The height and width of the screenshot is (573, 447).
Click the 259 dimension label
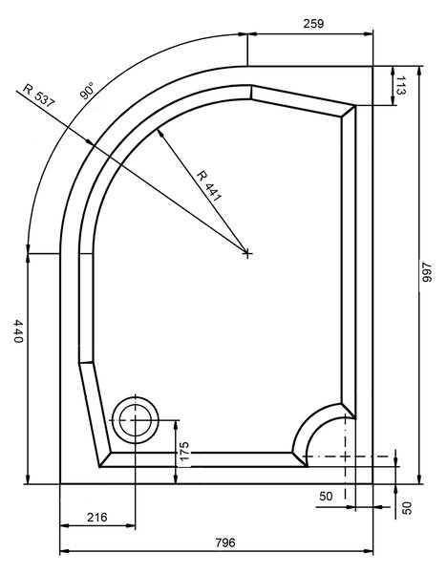313,24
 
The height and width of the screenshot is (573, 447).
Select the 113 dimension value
401,86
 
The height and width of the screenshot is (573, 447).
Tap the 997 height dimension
427,272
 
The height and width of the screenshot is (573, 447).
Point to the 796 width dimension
225,542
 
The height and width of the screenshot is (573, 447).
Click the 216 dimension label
97,517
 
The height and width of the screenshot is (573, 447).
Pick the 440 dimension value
18,331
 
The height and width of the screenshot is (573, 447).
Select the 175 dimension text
184,452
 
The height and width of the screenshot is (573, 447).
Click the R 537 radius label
38,95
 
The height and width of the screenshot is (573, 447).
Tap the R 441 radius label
209,186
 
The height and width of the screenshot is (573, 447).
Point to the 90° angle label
87,91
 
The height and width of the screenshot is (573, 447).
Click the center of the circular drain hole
136,420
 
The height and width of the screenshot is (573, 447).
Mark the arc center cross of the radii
247,252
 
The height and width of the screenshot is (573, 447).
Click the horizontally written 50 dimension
326,497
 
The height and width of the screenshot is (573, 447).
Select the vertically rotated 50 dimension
407,508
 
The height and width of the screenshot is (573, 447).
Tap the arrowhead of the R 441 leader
160,133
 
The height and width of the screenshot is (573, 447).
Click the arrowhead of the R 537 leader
89,141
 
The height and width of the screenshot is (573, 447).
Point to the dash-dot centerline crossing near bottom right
345,456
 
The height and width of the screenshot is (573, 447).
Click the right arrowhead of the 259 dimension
369,34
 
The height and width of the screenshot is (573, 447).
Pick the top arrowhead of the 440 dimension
28,258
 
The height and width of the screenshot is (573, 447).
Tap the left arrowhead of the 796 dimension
64,551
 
